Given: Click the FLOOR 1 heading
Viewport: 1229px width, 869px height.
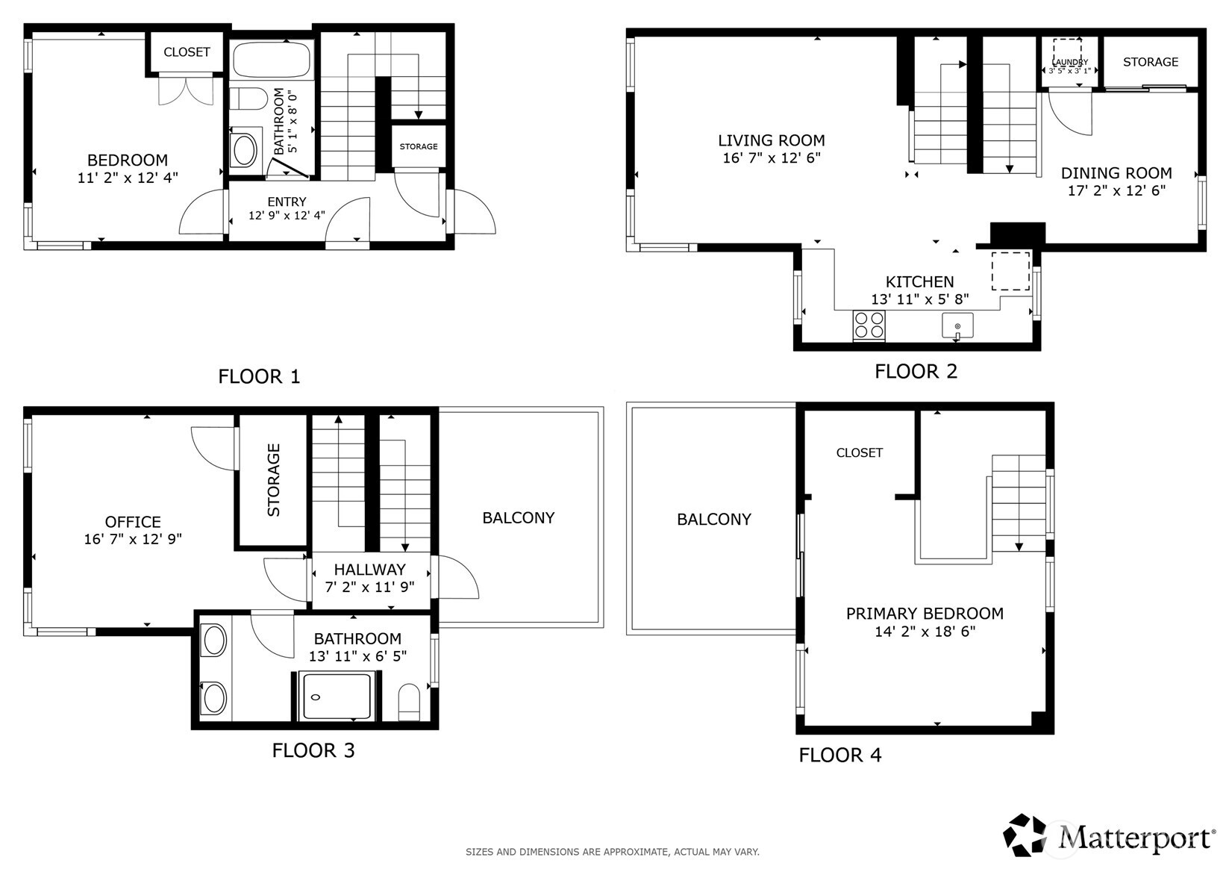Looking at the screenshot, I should click(x=259, y=376).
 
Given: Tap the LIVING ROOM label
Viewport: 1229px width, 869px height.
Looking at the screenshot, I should click(x=771, y=140).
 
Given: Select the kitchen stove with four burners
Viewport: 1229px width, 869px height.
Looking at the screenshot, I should click(x=869, y=326).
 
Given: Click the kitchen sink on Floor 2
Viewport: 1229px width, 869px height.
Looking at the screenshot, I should click(x=957, y=326).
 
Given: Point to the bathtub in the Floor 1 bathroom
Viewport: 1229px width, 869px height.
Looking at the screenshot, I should click(x=271, y=60).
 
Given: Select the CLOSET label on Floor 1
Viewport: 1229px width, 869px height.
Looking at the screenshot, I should click(x=187, y=52).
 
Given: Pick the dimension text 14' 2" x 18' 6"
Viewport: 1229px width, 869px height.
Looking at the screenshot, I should click(x=925, y=632).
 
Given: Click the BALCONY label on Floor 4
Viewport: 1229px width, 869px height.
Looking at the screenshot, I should click(x=713, y=520).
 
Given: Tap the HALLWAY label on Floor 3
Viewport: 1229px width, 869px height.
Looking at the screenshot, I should click(x=369, y=570).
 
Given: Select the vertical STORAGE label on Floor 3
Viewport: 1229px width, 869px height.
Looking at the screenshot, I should click(x=274, y=480).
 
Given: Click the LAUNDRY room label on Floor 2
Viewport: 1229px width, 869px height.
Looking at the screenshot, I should click(x=1069, y=63).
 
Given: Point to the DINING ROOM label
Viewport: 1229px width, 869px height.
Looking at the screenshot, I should click(x=1116, y=173).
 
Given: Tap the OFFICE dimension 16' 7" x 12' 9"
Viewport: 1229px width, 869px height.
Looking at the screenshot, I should click(x=133, y=539).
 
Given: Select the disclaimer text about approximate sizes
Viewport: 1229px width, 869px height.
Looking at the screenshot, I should click(x=612, y=852).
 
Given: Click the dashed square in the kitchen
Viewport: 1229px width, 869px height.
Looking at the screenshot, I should click(x=1010, y=271).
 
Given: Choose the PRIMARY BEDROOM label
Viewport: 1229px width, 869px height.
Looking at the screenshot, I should click(x=924, y=614).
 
